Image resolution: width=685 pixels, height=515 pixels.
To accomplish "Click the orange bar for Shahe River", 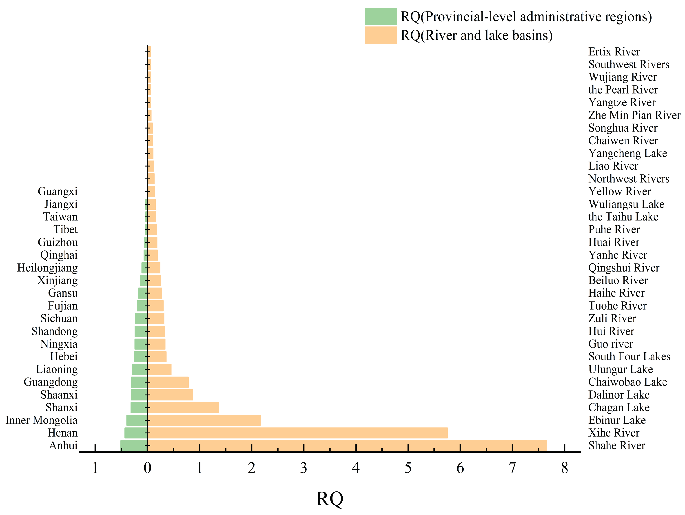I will (x=347, y=446).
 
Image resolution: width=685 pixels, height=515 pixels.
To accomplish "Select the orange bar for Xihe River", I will (x=297, y=433).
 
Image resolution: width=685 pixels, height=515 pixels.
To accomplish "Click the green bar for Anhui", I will (x=134, y=446).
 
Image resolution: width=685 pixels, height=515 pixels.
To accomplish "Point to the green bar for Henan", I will (x=136, y=433).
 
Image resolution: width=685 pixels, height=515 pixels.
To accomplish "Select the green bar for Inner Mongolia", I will (x=137, y=420).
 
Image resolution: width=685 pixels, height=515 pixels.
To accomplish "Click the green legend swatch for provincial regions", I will (x=381, y=16).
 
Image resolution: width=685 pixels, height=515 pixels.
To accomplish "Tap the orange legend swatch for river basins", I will (x=381, y=35).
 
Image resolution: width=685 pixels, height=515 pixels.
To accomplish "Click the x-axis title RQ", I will (x=330, y=499).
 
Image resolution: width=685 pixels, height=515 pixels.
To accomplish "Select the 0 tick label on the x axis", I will (x=147, y=468).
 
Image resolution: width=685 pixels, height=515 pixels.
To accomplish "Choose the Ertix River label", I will (x=614, y=52).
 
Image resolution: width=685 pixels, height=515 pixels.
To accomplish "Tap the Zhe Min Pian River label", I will (x=634, y=115).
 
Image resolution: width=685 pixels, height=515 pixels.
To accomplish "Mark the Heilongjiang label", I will (x=47, y=268).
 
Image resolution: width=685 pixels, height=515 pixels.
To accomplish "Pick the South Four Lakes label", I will (x=629, y=357).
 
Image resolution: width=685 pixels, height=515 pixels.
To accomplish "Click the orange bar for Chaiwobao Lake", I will (x=168, y=382).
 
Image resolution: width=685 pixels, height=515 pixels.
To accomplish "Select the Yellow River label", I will (x=620, y=192).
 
